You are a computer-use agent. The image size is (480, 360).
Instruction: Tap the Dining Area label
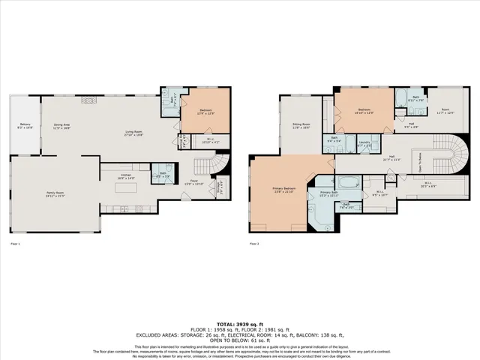click(61, 127)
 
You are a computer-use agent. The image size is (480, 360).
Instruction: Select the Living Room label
click(134, 134)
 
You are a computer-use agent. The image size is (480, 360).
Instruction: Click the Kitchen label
click(126, 178)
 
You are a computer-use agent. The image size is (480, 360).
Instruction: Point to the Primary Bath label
click(331, 193)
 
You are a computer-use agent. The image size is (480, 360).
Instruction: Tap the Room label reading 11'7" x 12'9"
click(445, 112)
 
